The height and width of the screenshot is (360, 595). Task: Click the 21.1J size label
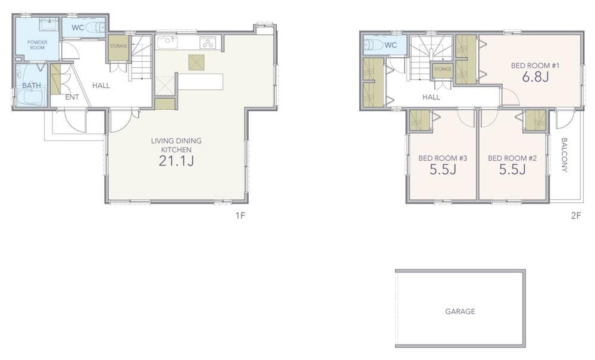tap(176, 161)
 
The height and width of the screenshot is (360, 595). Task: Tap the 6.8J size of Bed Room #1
tap(535, 77)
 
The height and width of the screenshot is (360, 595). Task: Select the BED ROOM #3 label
tap(443, 158)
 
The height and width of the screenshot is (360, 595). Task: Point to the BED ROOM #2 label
tap(512, 158)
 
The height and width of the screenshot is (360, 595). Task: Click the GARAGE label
tap(460, 311)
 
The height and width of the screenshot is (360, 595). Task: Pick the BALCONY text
tap(564, 155)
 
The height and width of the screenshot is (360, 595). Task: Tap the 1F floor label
tap(240, 216)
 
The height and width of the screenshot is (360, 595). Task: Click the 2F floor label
tap(576, 216)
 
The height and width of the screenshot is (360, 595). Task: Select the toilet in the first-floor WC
tap(95, 28)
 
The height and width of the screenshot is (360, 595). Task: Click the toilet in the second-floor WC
tap(373, 45)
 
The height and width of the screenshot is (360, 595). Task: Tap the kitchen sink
tap(167, 42)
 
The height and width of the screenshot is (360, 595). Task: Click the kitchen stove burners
tap(208, 43)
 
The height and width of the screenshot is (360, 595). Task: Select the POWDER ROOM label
tap(37, 45)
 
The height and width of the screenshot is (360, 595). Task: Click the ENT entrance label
tap(72, 98)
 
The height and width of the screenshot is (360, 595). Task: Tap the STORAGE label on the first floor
tap(118, 46)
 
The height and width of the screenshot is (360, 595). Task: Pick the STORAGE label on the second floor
tap(443, 69)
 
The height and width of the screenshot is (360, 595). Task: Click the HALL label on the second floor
tap(431, 97)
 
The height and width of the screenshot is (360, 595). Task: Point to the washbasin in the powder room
tap(49, 24)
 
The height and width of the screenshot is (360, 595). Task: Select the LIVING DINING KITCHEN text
tap(176, 145)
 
